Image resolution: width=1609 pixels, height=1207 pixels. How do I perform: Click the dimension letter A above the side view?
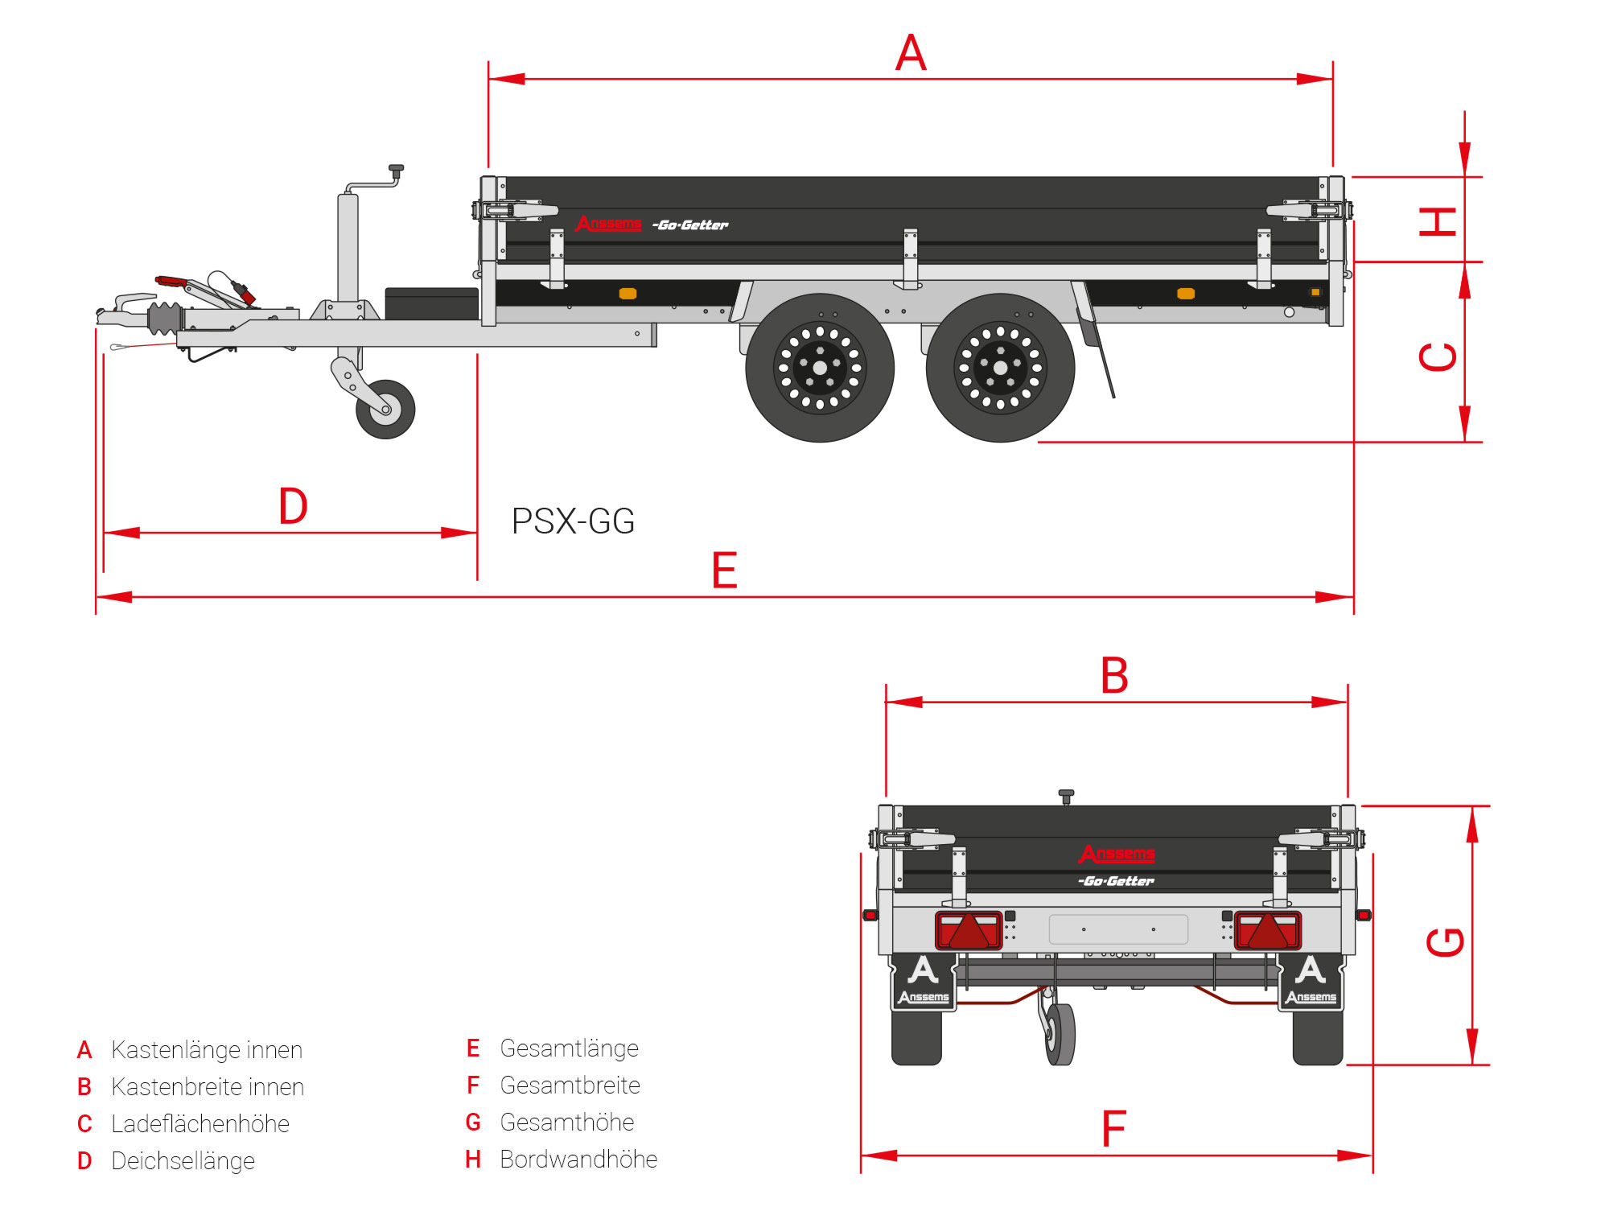coord(911,53)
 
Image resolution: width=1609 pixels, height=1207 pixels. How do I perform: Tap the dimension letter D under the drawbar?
coord(293,506)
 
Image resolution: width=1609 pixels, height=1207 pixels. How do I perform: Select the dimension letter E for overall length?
coord(724,571)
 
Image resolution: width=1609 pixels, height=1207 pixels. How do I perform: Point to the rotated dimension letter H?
coord(1438,221)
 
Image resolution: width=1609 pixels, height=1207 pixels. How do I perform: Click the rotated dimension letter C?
coord(1438,356)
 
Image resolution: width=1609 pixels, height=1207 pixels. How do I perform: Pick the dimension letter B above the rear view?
coord(1114,676)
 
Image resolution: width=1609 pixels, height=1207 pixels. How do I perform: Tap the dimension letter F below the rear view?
coord(1113,1129)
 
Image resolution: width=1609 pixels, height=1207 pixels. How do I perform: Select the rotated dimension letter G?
coord(1445,941)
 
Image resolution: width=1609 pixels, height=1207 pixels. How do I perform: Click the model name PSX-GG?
coord(573,521)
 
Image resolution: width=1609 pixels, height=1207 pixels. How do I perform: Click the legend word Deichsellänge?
coord(183,1161)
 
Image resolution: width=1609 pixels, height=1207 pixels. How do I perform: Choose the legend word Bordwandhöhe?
coord(578,1160)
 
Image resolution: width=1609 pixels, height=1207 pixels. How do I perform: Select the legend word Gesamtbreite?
coord(570,1085)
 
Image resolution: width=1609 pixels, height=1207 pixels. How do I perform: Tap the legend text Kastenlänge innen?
coord(207,1050)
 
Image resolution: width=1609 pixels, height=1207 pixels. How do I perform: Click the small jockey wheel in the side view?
coord(385,410)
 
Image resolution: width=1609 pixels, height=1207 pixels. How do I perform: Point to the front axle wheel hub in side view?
coord(820,368)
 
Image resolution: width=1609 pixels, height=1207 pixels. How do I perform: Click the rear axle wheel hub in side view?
coord(1000,368)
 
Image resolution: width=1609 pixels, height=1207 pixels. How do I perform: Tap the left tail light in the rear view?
coord(969,930)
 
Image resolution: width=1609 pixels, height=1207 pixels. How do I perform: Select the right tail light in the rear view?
coord(1268,930)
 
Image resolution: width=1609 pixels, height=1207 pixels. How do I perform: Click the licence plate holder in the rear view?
coord(1118,929)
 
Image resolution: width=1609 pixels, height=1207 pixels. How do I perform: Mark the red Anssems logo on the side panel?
coord(608,223)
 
